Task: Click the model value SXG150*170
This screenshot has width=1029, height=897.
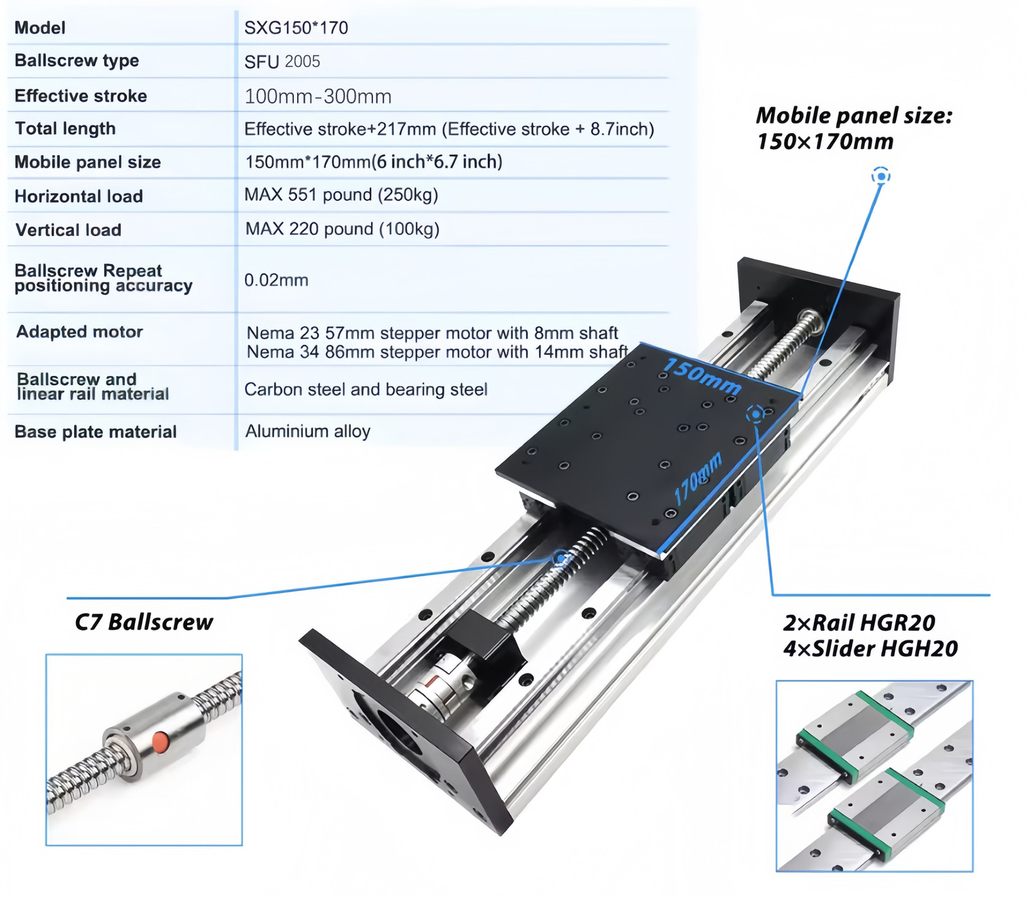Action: coord(296,28)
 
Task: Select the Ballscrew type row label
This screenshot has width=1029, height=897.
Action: coord(77,61)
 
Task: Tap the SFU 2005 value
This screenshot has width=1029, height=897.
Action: coord(282,62)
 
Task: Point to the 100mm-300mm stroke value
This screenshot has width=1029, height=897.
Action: coord(318,96)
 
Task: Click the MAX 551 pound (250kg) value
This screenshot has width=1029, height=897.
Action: coord(341,195)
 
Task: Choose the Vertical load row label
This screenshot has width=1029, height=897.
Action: coord(68,229)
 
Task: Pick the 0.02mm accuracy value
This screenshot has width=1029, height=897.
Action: coord(277,280)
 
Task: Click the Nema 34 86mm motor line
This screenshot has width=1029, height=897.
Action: coord(437,352)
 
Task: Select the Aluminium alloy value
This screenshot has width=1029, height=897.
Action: coord(308,431)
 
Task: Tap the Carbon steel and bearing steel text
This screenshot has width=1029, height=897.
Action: coord(366,389)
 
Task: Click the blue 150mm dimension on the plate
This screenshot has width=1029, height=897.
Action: coord(702,375)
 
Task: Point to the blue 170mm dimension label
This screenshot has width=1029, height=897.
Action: coord(698,479)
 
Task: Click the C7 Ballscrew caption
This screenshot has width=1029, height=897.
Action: coord(144,622)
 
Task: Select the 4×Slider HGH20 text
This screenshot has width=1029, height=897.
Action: coord(871,649)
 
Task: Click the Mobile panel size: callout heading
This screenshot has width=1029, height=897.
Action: coord(854,116)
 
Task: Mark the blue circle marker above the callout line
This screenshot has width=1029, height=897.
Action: coord(881,176)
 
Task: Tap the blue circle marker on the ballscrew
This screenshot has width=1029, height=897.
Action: coord(561,558)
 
